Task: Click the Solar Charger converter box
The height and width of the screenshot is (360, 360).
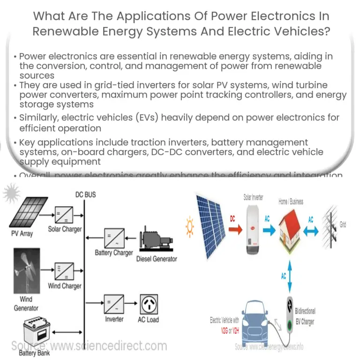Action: (x=64, y=213)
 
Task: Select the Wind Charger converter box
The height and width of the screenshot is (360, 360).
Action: (x=64, y=270)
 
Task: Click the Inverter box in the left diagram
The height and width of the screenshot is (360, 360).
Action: (x=114, y=304)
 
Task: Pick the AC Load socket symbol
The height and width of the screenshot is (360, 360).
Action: (x=148, y=304)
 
